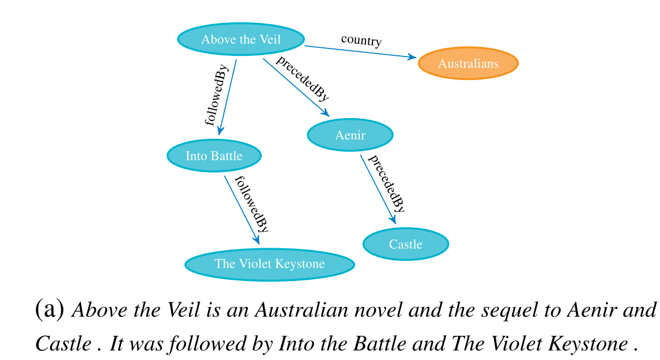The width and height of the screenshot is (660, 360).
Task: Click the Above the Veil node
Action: click(x=241, y=39)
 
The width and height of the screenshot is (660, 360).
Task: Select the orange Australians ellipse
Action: click(x=468, y=63)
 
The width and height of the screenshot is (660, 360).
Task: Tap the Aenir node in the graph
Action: click(x=350, y=135)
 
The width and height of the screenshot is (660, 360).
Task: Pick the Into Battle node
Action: click(x=214, y=156)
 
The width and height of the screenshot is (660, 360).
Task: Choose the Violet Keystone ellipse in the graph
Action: click(x=269, y=264)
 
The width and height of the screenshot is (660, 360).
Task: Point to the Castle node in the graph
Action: click(x=406, y=244)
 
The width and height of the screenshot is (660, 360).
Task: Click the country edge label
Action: click(x=361, y=40)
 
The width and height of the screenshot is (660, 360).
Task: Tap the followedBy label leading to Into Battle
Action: click(x=216, y=95)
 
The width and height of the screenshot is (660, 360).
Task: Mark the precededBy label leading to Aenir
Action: click(x=302, y=79)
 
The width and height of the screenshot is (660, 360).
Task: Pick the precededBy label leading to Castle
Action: click(x=386, y=183)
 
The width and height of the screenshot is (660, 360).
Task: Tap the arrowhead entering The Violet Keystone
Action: click(x=257, y=240)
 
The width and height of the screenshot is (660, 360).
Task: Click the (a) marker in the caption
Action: click(x=50, y=309)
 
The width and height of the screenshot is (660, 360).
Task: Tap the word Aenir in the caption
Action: click(x=589, y=310)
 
